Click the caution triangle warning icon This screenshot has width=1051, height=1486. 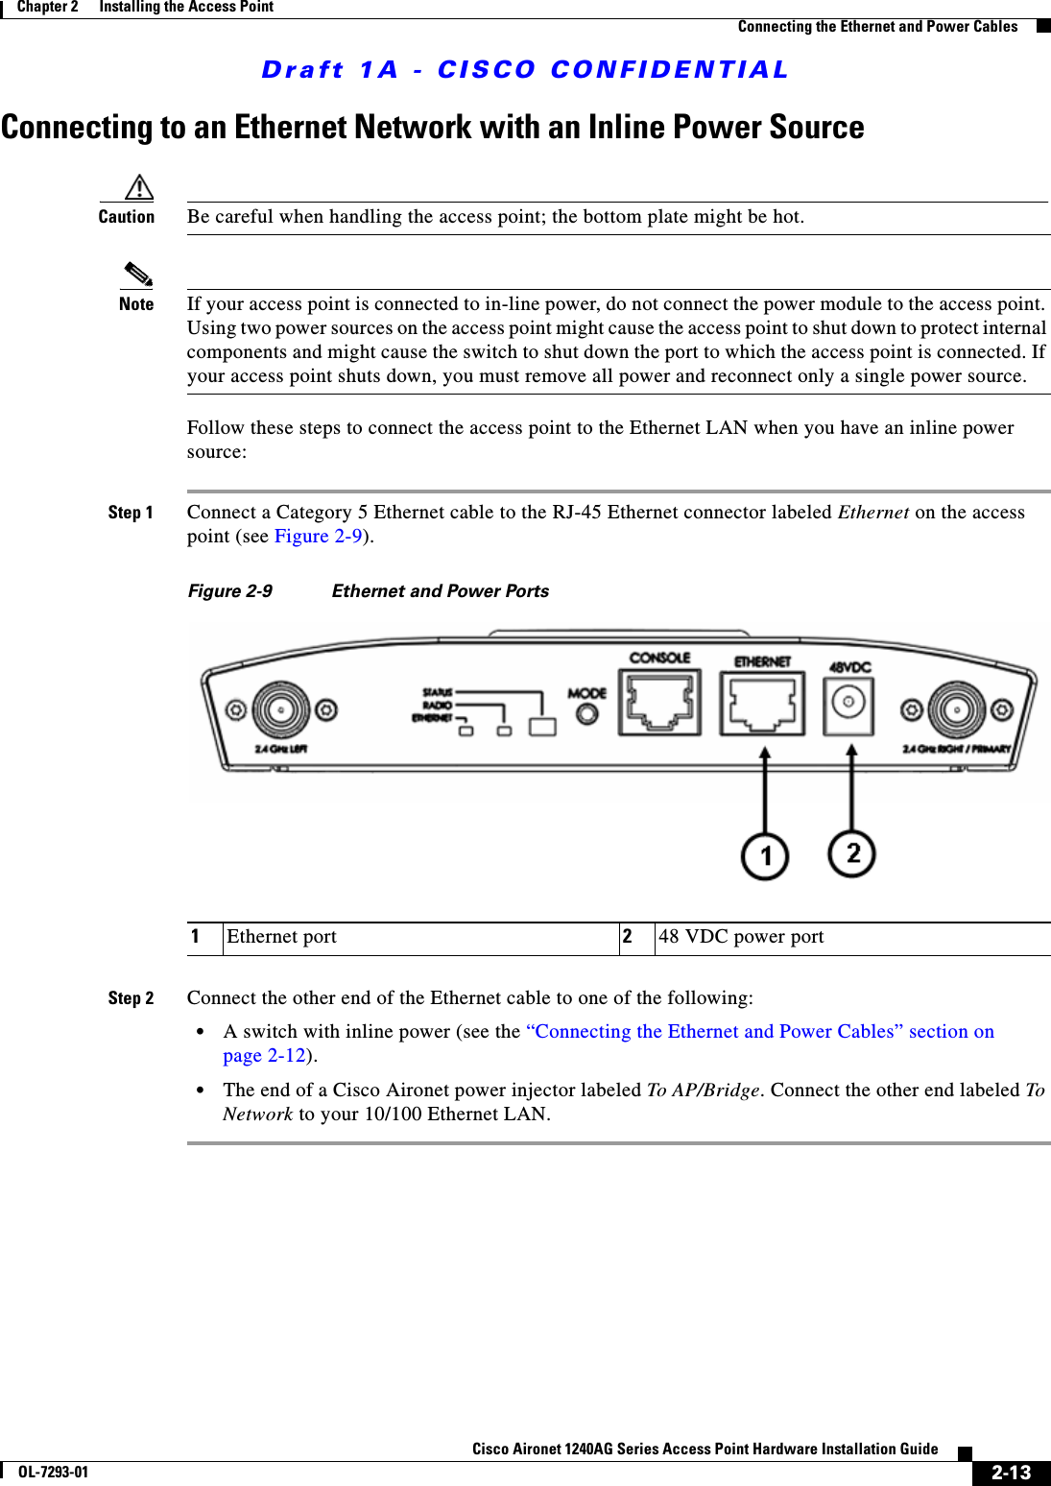pos(139,186)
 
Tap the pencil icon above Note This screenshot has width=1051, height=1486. pos(138,275)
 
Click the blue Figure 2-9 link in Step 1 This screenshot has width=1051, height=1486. pos(318,537)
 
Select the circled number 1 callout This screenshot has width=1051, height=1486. pos(765,855)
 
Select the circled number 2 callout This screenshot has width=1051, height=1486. pos(851,853)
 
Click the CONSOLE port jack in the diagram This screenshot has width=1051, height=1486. pos(659,703)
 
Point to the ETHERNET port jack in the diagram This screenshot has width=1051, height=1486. pos(762,705)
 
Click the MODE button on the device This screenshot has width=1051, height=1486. pos(586,713)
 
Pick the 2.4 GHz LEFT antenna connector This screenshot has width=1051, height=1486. pos(280,710)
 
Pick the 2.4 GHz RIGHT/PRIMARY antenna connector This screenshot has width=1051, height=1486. pos(956,710)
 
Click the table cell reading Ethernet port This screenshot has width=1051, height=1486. pos(281,937)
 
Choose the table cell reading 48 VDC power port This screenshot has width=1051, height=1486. pos(741,937)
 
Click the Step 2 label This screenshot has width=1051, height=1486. pos(131,998)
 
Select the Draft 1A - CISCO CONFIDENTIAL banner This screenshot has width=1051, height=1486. pos(525,70)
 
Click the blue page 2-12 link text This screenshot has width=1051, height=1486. pos(264,1056)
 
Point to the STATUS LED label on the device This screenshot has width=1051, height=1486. pos(437,692)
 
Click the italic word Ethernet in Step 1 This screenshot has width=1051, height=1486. pos(872,513)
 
